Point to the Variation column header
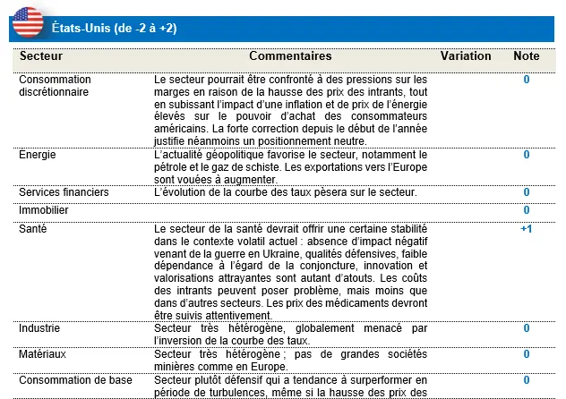[466, 56]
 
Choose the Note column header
[527, 56]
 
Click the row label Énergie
[38, 155]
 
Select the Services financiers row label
[64, 192]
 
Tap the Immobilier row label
[44, 210]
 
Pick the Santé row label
[32, 229]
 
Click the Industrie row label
[40, 328]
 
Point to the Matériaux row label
[43, 353]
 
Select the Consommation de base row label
[75, 380]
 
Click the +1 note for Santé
[527, 229]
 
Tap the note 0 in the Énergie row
[527, 155]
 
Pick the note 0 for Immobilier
[527, 210]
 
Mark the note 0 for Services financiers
[527, 192]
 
